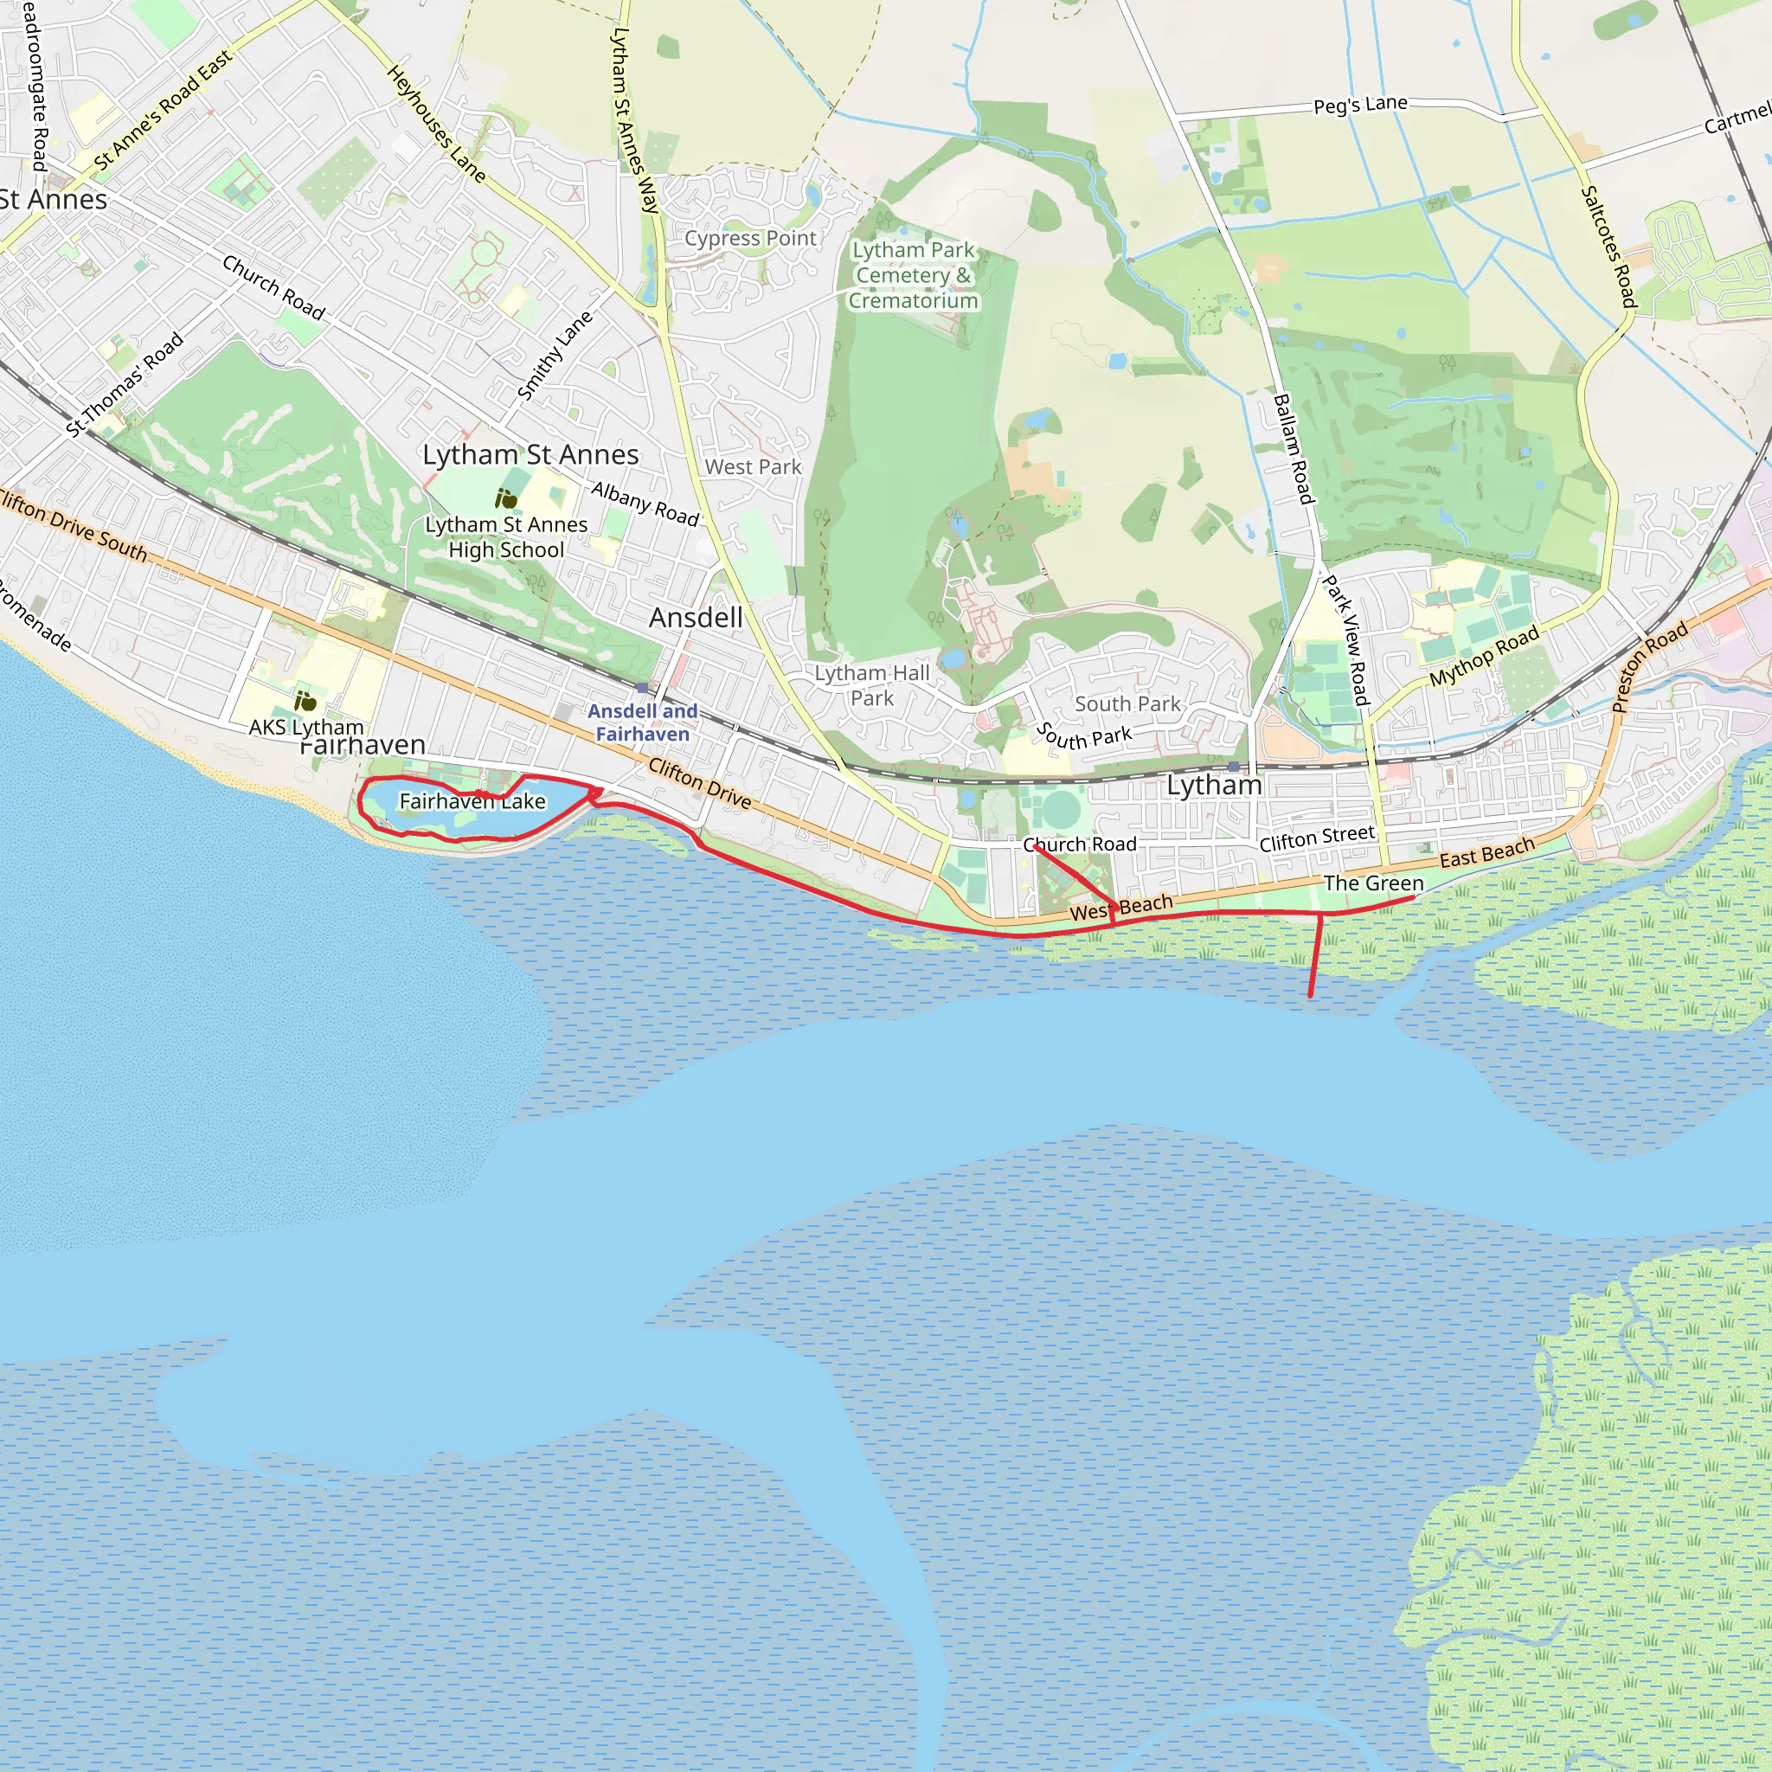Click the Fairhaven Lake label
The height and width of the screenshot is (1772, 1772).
(472, 801)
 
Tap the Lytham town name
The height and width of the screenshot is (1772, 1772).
(1213, 785)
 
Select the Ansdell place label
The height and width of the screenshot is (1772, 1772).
(696, 618)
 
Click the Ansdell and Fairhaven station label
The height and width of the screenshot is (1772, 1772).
(642, 722)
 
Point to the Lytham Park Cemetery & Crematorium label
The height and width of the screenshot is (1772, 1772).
(913, 275)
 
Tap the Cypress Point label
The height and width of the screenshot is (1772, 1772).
(749, 239)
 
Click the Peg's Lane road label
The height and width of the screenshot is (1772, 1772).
(1359, 105)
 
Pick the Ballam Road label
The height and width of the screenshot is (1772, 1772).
(1294, 448)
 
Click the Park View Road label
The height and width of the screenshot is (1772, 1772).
(1345, 640)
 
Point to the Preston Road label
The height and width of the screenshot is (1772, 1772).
(1648, 667)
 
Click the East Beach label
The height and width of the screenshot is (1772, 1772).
(1486, 852)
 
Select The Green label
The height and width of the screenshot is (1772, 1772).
(1373, 883)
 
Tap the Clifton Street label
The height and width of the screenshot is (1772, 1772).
(1316, 838)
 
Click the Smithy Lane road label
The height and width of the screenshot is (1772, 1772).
(555, 356)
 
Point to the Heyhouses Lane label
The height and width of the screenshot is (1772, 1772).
(436, 123)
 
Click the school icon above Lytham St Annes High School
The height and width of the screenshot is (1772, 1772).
(505, 499)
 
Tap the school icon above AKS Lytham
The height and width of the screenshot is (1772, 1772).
(305, 702)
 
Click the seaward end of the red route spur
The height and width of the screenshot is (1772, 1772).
(1310, 995)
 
